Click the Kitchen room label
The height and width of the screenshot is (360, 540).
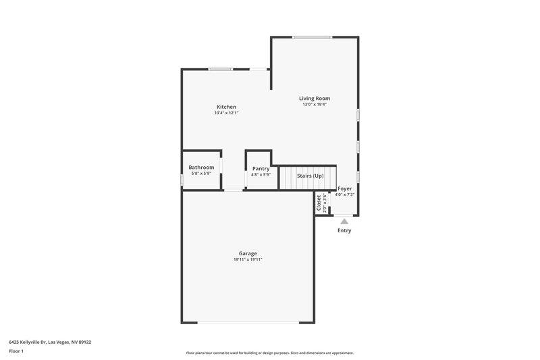tap(226, 107)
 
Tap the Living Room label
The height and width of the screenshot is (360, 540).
tap(315, 98)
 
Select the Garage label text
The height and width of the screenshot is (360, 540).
tap(247, 253)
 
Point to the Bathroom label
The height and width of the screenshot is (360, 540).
tap(201, 168)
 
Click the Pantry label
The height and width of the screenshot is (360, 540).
tap(261, 168)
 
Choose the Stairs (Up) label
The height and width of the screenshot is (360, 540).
tap(310, 176)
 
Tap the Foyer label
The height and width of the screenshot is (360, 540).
tap(344, 188)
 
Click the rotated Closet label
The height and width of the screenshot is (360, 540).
tap(319, 203)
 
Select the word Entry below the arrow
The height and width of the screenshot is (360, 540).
tap(344, 230)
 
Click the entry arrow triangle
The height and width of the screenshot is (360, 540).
tap(344, 221)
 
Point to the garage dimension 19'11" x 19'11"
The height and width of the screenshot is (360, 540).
tap(247, 259)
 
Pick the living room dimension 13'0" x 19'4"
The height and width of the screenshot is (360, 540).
tap(315, 104)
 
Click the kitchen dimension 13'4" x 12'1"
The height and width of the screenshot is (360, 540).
tap(226, 113)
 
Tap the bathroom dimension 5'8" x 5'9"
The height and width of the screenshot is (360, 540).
tap(201, 174)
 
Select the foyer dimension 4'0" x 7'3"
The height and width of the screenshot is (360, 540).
tap(344, 195)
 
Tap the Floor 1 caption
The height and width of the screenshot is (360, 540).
tap(16, 351)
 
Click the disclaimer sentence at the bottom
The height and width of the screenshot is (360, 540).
tap(269, 353)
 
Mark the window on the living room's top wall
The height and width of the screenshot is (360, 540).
tap(312, 37)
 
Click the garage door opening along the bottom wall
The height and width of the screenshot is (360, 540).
tap(247, 322)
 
